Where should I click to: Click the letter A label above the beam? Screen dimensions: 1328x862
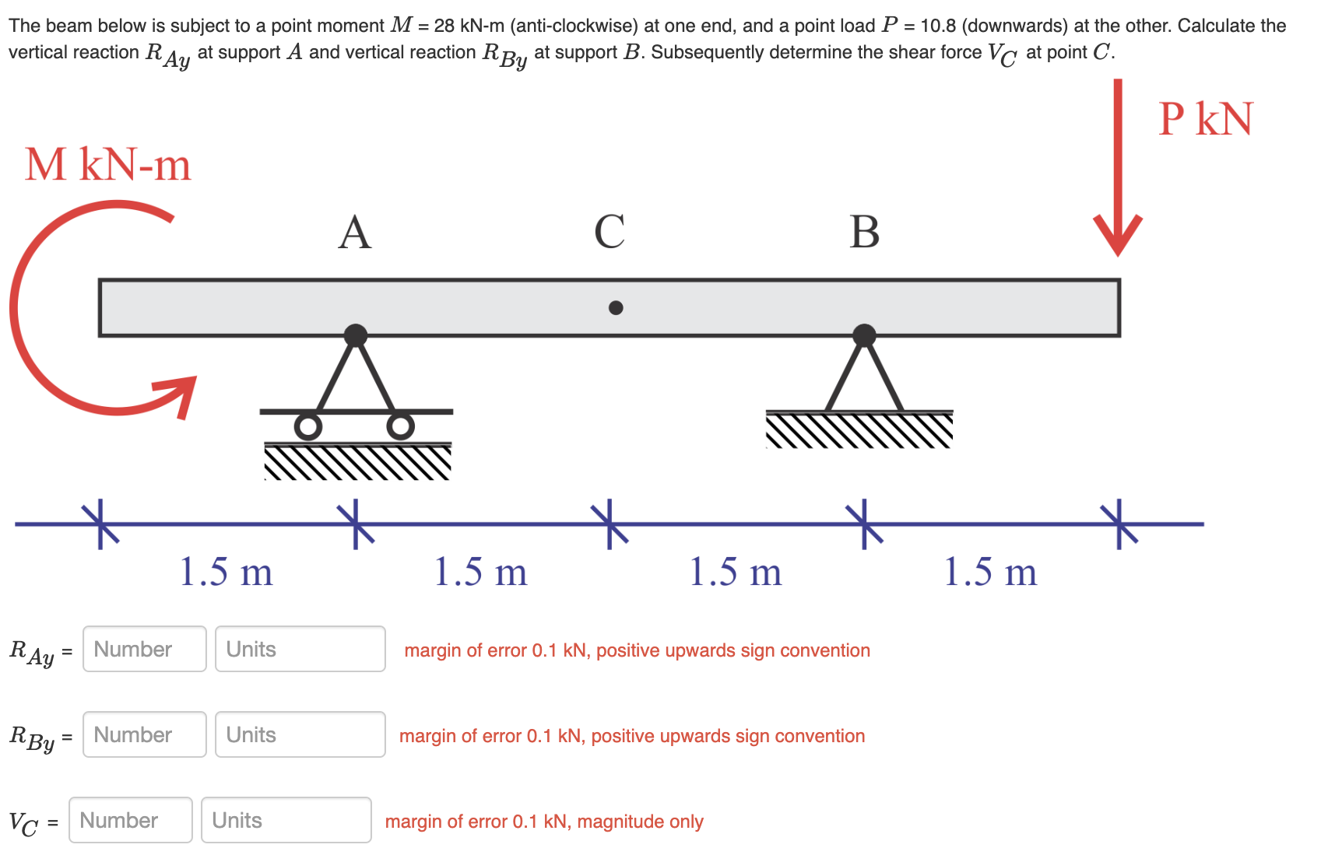pos(355,233)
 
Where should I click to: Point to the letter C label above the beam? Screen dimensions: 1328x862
pos(610,232)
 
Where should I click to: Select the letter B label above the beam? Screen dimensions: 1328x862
pos(864,232)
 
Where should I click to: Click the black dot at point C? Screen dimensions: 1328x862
pos(616,308)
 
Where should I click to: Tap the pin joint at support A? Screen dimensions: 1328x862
pos(356,335)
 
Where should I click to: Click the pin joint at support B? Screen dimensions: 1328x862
pos(864,335)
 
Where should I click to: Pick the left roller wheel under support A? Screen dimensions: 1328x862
pos(308,426)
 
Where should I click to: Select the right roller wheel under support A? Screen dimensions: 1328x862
pos(400,426)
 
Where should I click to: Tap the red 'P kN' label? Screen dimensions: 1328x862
pos(1205,119)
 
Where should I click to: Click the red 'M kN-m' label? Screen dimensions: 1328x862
pos(107,165)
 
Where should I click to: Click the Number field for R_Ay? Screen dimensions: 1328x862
pos(144,649)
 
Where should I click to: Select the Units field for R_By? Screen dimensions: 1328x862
pos(300,734)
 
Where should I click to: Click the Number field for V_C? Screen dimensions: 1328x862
pos(130,820)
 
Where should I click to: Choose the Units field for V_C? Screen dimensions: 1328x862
pos(286,820)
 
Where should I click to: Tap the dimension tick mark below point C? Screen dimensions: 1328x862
pos(610,524)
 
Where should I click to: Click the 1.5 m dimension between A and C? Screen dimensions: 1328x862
pos(480,572)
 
